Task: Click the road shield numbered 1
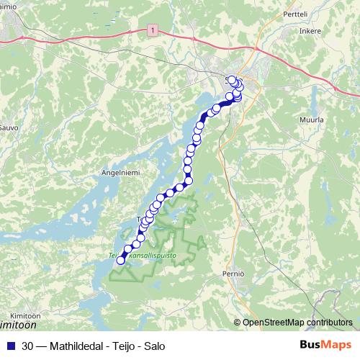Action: tap(153, 29)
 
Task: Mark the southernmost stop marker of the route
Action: tap(121, 261)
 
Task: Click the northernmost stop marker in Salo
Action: tap(231, 79)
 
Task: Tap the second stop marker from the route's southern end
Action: tap(127, 251)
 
